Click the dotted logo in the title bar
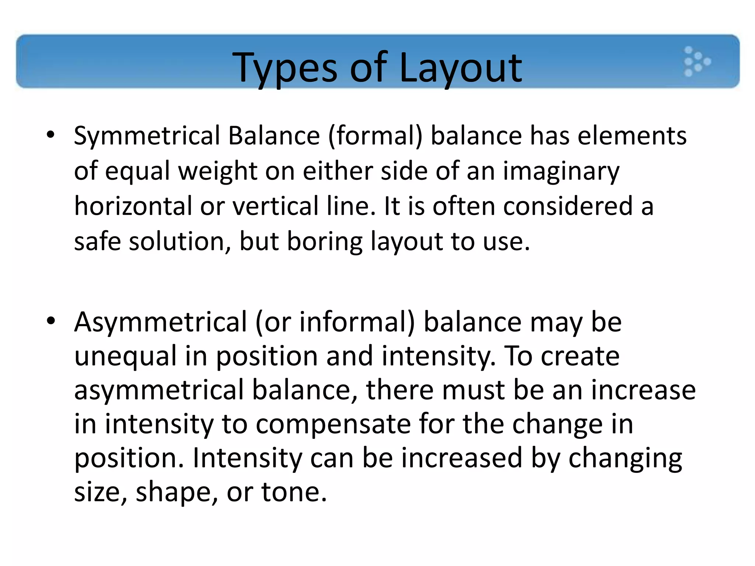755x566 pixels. click(x=696, y=62)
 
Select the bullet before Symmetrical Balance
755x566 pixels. click(x=51, y=135)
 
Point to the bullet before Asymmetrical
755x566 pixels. click(x=51, y=321)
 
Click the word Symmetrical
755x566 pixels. click(x=147, y=136)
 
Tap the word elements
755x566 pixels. click(x=632, y=136)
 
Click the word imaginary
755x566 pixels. click(x=561, y=171)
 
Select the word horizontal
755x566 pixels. click(x=133, y=206)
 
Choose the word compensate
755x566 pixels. click(x=333, y=424)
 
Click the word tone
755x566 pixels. click(x=294, y=492)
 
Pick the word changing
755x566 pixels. click(x=625, y=459)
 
